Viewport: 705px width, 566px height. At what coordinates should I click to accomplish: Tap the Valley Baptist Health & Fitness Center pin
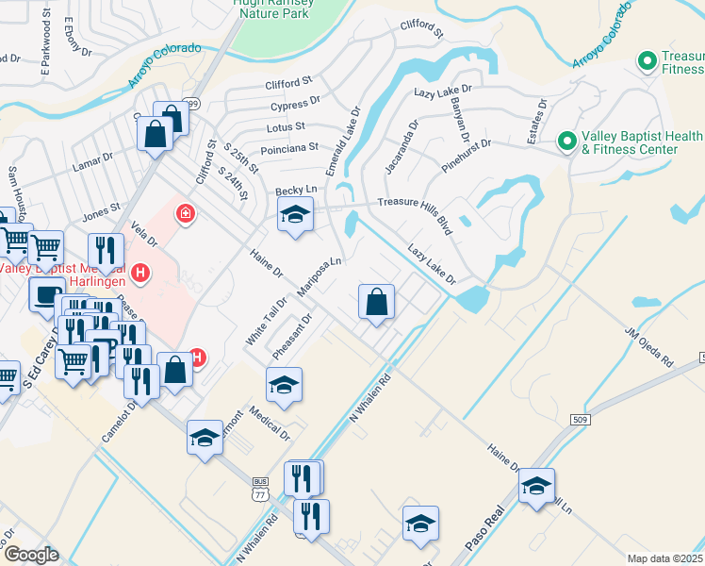point(566,141)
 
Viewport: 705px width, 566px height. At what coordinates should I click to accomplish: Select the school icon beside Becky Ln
point(295,215)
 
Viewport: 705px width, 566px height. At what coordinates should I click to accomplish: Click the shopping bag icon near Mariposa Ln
point(376,303)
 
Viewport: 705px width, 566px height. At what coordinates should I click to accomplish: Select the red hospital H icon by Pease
point(140,275)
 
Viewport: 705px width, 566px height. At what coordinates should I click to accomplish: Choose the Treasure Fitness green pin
point(648,62)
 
